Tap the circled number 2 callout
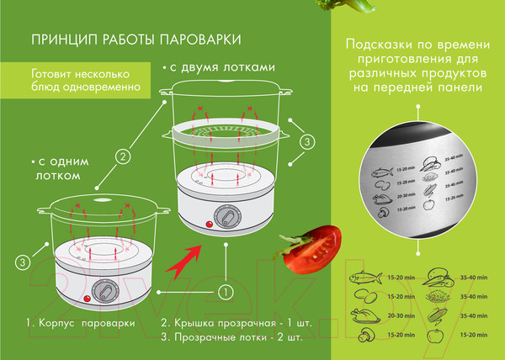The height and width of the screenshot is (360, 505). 123,156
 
